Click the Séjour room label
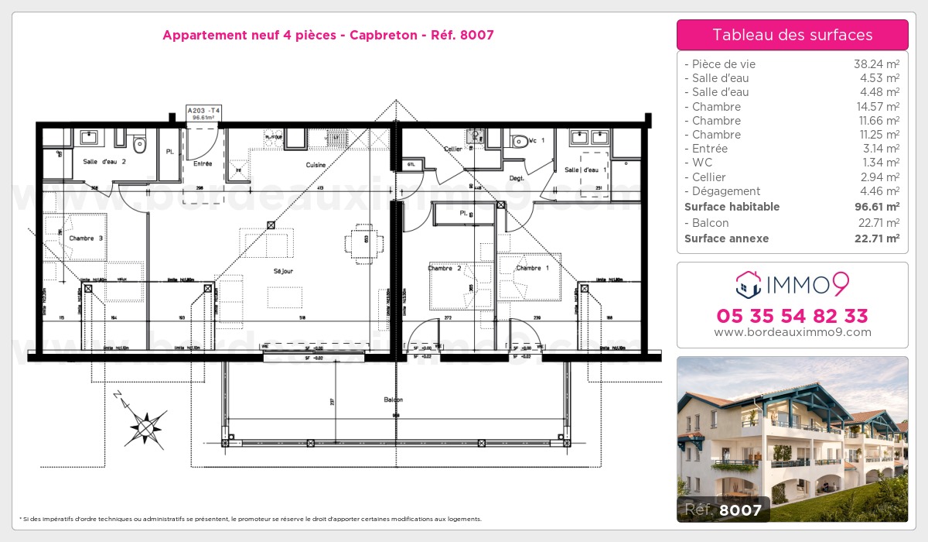tap(284, 271)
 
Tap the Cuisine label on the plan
tap(316, 165)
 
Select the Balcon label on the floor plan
tap(393, 400)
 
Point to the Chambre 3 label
tap(87, 238)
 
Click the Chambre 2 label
tap(445, 269)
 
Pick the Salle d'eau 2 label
tap(104, 161)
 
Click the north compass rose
tap(145, 424)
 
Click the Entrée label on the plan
tap(203, 163)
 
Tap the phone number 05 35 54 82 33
tap(793, 316)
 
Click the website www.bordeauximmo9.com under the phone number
tap(793, 332)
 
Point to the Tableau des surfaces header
tap(793, 35)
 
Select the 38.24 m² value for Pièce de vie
tap(876, 64)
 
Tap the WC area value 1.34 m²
tap(880, 163)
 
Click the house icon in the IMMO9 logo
tap(748, 285)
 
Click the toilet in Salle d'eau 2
tap(140, 143)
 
